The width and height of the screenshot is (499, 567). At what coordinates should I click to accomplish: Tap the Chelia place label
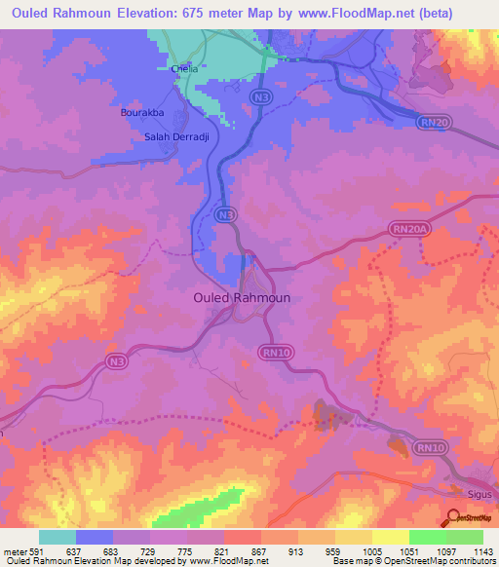183,69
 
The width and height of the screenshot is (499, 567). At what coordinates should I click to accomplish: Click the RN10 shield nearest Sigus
429,447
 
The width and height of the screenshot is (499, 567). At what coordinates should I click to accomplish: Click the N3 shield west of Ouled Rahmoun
117,362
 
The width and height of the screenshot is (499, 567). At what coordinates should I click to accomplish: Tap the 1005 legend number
372,550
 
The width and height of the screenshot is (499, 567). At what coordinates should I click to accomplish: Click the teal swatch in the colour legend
58,537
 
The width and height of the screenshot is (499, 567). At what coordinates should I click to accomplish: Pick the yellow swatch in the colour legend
391,537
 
